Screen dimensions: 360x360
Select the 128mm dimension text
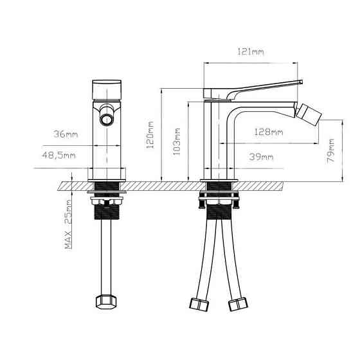(268, 131)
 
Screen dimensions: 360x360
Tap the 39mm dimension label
(260, 156)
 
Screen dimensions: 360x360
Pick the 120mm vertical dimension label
(150, 136)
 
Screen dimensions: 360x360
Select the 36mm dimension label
(65, 134)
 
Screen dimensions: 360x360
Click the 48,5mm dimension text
(59, 156)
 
